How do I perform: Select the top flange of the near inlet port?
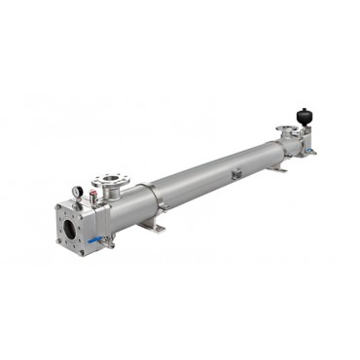[x=108, y=181]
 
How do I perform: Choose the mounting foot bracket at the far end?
[x=276, y=167]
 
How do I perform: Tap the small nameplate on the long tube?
[x=234, y=174]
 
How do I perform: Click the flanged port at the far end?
[x=287, y=130]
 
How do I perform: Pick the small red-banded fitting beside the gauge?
[x=91, y=197]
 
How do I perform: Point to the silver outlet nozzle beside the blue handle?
[x=108, y=242]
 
